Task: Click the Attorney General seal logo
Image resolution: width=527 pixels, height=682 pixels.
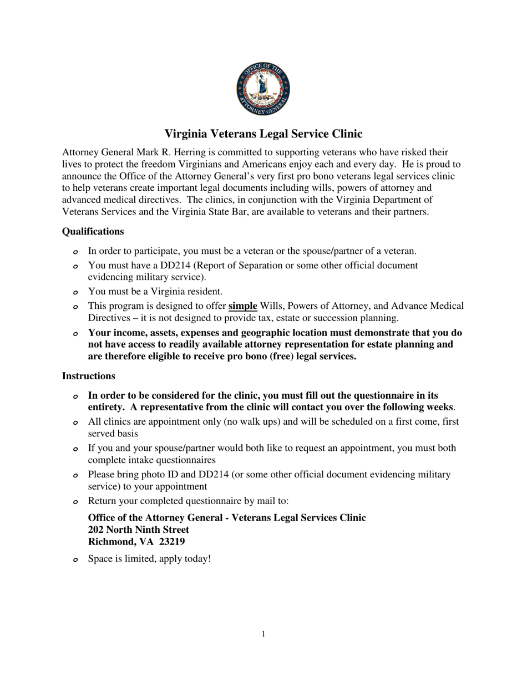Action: [x=263, y=89]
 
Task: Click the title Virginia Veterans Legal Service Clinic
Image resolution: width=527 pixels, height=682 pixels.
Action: [x=263, y=134]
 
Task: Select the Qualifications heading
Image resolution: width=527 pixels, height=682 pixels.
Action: [x=93, y=231]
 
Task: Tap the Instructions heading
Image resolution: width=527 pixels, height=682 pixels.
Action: [x=88, y=376]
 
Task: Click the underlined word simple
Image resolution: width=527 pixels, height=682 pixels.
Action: [x=242, y=306]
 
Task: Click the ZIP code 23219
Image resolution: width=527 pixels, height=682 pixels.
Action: [x=170, y=542]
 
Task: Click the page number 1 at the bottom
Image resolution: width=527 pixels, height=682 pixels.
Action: [x=263, y=634]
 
